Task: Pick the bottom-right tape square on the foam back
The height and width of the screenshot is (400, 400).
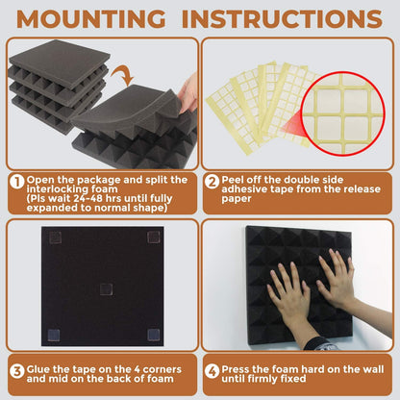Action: point(151,334)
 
